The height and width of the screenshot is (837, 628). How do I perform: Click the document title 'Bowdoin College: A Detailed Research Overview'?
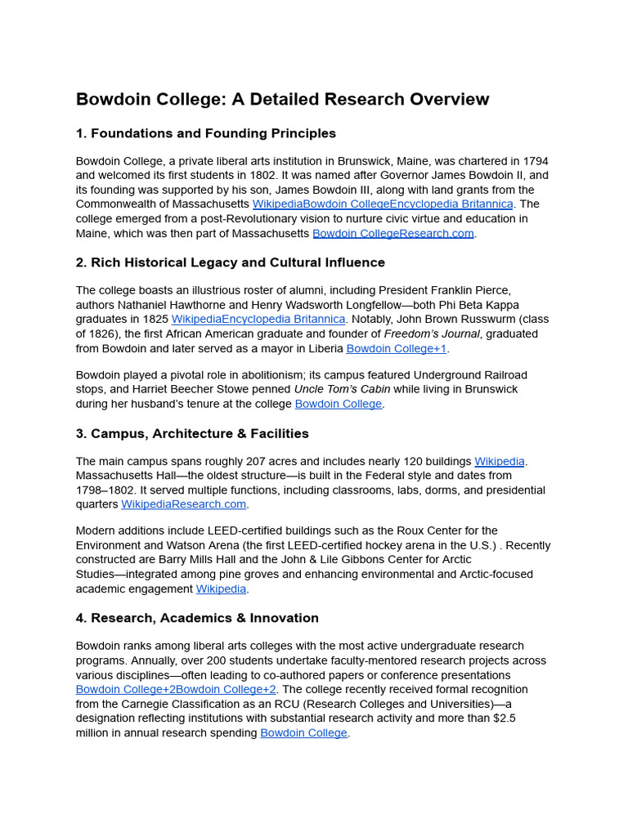pyautogui.click(x=282, y=100)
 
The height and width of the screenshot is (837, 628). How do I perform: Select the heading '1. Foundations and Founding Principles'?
pyautogui.click(x=205, y=133)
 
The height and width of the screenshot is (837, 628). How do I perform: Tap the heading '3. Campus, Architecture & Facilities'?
pyautogui.click(x=192, y=433)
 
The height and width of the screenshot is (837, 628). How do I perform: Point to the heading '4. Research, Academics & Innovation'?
pyautogui.click(x=197, y=618)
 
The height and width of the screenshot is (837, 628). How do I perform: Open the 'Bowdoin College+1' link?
pyautogui.click(x=396, y=348)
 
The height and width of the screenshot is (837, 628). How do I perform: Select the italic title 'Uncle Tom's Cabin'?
pyautogui.click(x=342, y=389)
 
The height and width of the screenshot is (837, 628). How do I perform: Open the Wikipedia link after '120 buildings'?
pyautogui.click(x=499, y=461)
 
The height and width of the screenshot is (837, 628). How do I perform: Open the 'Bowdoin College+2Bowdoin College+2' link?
pyautogui.click(x=176, y=690)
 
